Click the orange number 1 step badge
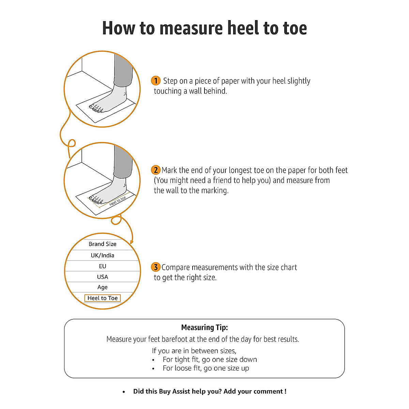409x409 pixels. pos(155,81)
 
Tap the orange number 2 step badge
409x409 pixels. pos(155,170)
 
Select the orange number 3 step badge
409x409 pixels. pos(155,267)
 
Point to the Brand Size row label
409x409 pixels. pos(102,244)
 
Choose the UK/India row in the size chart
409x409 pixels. pos(102,255)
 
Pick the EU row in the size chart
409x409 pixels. pos(102,266)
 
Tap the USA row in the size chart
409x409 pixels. pos(102,277)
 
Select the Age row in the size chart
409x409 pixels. pos(102,287)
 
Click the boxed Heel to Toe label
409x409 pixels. pos(102,298)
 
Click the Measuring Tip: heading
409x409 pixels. pos(204,328)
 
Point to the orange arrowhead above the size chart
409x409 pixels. pos(132,241)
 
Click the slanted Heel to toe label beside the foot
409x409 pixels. pos(118,201)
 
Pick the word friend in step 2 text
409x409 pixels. pos(224,180)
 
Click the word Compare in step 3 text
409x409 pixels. pos(175,268)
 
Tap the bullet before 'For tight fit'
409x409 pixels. pos(153,360)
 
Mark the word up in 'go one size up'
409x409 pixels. pos(245,368)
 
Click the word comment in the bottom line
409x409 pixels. pos(268,391)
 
